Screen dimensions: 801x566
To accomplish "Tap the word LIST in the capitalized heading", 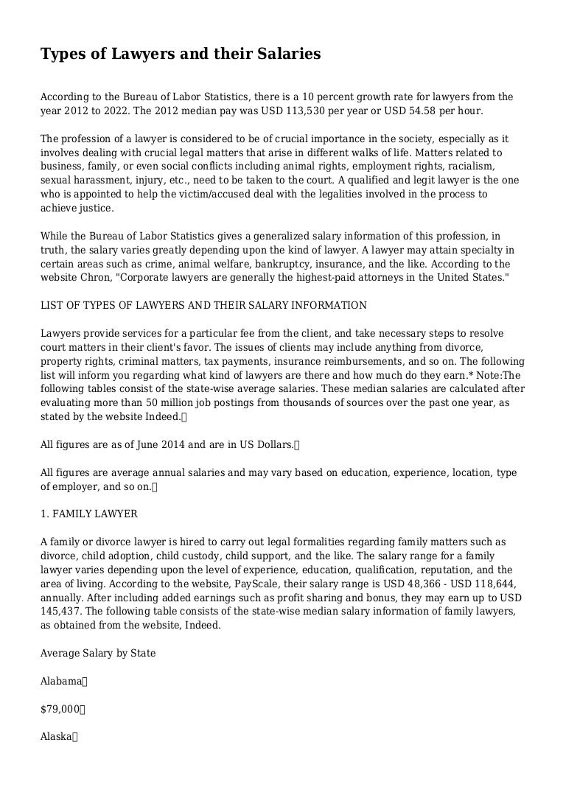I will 51,305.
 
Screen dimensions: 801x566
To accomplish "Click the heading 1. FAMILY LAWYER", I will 88,514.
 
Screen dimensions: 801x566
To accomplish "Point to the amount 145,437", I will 60,611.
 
